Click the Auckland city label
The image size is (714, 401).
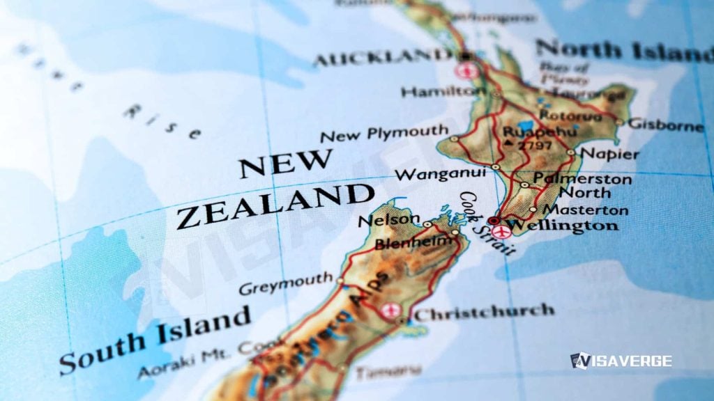(382, 58)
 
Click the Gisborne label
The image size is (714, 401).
(666, 125)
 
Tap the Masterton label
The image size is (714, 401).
(585, 210)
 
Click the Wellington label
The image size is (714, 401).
(561, 226)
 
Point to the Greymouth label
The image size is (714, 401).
(286, 284)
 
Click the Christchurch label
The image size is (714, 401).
(485, 312)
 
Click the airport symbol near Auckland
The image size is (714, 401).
(466, 70)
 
